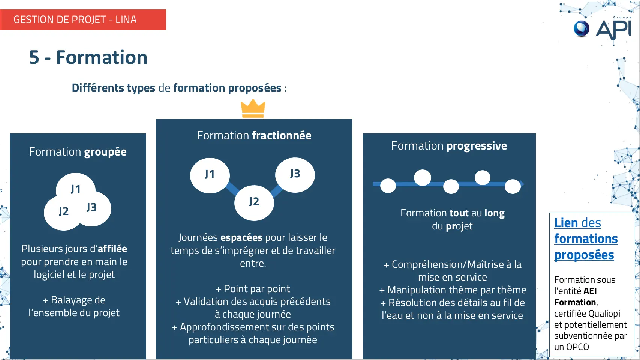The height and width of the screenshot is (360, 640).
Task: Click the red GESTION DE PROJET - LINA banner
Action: tap(83, 19)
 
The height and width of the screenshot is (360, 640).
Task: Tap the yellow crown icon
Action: tap(253, 109)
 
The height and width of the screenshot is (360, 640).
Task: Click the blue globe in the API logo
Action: tap(582, 29)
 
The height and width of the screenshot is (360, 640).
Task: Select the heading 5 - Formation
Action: tap(88, 57)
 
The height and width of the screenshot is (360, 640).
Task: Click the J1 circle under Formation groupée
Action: tap(76, 187)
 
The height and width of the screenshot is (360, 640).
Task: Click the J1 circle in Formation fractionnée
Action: tap(210, 175)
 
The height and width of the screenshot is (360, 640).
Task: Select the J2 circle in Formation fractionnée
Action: tap(254, 202)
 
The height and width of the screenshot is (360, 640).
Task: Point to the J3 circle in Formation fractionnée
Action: tap(295, 175)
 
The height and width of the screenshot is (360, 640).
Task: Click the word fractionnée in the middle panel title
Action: tap(282, 135)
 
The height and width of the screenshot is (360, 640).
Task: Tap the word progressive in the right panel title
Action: tap(477, 146)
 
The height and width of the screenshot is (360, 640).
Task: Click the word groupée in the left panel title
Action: tap(105, 152)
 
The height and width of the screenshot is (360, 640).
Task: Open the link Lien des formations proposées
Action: tap(586, 239)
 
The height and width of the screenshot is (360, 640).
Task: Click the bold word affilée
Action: tap(112, 249)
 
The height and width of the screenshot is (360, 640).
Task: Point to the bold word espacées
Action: tap(241, 237)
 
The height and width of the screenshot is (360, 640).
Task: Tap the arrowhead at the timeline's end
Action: tap(522, 184)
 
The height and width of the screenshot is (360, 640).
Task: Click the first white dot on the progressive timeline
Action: tap(388, 186)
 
